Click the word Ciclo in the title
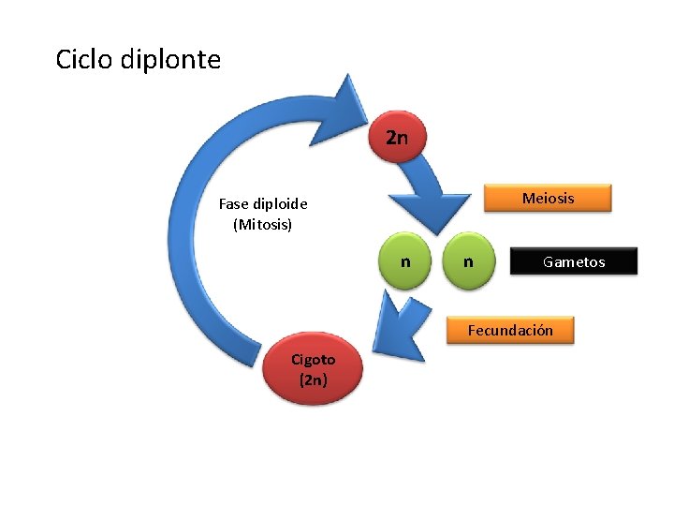[83, 60]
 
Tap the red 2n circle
[397, 138]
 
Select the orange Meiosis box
[548, 198]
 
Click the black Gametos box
[573, 261]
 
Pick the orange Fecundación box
[510, 330]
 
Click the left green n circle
[403, 261]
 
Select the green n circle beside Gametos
[468, 261]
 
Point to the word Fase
[234, 203]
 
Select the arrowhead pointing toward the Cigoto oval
[393, 323]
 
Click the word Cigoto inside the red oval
[313, 360]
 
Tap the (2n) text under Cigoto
[314, 380]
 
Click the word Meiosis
[548, 198]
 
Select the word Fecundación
[510, 330]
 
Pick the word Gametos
[574, 261]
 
